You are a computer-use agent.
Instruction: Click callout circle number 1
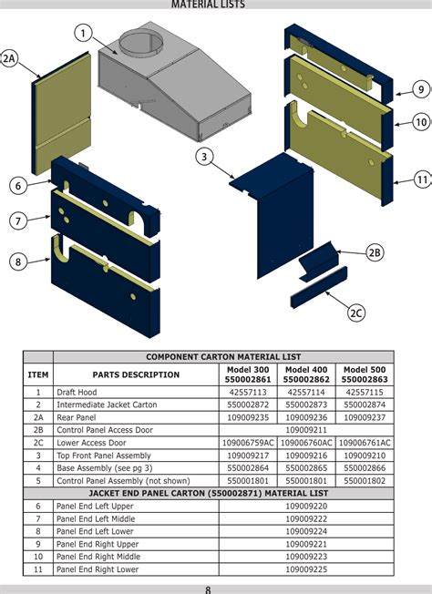pos(83,35)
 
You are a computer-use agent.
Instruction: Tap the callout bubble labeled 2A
pos(9,59)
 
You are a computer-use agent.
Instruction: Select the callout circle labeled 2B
pos(375,253)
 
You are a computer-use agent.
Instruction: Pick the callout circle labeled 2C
pos(355,312)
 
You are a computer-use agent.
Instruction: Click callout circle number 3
pos(205,157)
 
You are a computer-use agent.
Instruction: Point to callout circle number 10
pos(421,121)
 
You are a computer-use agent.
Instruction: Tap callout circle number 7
pos(17,220)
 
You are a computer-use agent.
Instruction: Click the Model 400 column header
pos(306,374)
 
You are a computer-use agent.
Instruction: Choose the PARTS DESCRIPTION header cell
pos(136,374)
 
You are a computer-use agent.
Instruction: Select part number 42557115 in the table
pos(365,391)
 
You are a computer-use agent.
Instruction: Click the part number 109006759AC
pos(248,442)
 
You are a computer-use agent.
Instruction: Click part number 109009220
pos(306,505)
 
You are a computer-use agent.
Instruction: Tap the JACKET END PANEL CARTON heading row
pos(223,492)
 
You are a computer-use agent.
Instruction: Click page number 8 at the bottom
pos(208,589)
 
